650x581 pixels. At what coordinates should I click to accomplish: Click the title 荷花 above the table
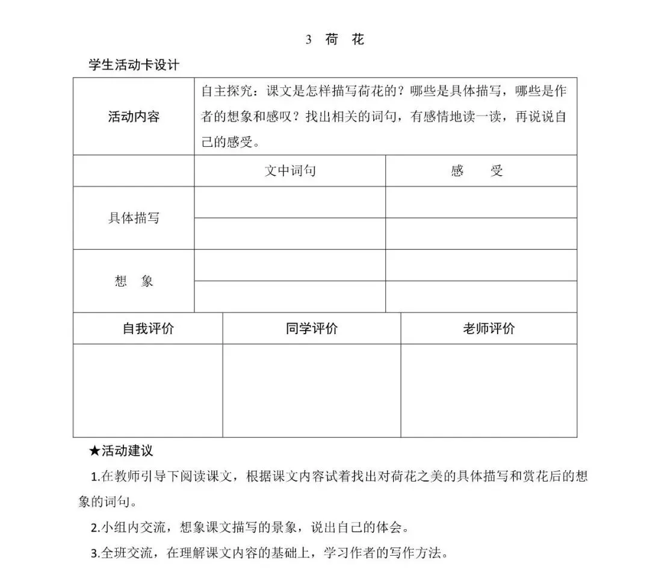[x=344, y=40]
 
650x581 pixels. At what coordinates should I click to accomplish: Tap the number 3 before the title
[x=309, y=40]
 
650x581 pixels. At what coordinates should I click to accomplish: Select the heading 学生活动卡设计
[x=134, y=66]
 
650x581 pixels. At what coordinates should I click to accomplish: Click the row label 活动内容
[x=134, y=117]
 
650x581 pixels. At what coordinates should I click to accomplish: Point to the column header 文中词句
[x=290, y=171]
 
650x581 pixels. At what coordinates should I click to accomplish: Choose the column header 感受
[x=477, y=171]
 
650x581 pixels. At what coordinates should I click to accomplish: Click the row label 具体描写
[x=134, y=218]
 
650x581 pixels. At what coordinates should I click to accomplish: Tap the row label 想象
[x=134, y=281]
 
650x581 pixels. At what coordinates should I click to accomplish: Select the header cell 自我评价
[x=148, y=329]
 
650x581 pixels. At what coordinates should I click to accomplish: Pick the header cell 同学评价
[x=312, y=329]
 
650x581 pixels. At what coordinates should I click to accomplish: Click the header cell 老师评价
[x=489, y=329]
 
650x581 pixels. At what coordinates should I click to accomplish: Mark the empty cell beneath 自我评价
[x=148, y=390]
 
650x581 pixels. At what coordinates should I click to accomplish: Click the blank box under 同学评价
[x=312, y=390]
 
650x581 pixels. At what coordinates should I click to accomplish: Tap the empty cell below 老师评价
[x=489, y=390]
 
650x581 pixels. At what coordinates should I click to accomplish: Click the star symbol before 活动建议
[x=94, y=450]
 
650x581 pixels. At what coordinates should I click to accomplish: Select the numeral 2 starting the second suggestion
[x=94, y=529]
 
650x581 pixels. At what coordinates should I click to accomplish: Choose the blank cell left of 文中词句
[x=134, y=171]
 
